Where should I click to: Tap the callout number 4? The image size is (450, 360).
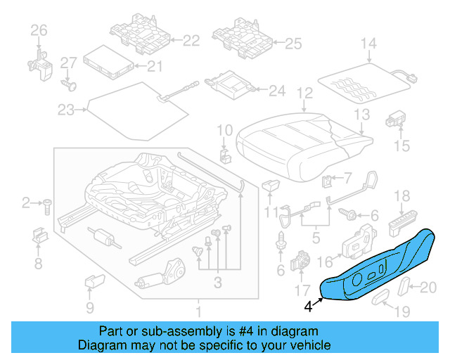coord(308,306)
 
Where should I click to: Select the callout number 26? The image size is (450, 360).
coord(38,30)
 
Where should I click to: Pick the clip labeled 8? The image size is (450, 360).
coord(39,238)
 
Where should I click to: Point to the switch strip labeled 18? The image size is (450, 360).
coord(402,224)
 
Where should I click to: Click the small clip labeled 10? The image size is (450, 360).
coord(224,154)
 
